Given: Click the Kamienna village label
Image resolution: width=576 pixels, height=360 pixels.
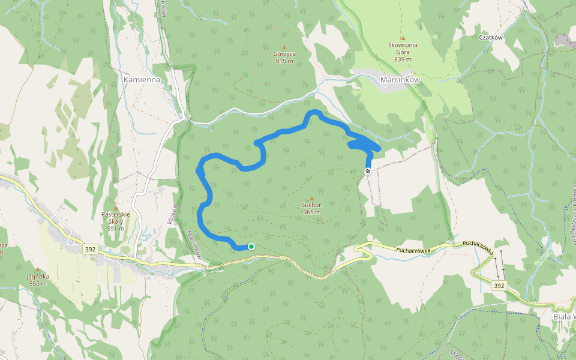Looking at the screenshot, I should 142,79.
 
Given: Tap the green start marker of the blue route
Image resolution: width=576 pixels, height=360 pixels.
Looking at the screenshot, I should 251,247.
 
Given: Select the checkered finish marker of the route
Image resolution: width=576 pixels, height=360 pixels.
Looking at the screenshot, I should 368,171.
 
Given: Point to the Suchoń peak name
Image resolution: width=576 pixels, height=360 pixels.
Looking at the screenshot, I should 311,205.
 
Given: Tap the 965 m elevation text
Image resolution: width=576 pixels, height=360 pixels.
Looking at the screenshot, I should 311,212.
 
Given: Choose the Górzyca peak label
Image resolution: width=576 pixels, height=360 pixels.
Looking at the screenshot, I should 284,53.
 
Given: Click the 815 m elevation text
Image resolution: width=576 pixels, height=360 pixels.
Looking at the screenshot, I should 284,61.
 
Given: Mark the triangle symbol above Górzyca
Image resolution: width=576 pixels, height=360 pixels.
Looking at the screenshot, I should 284,46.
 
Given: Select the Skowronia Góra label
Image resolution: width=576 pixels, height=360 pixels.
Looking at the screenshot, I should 403,49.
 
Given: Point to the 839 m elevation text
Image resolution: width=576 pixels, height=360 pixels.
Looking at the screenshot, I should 403,59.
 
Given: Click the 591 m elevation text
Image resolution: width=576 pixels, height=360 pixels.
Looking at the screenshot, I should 116,229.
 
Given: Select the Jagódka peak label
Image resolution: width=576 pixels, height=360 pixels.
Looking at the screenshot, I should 37,276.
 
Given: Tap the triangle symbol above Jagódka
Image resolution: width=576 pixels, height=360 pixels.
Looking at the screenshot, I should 37,269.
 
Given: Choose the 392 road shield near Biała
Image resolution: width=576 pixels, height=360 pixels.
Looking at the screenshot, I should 499,286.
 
